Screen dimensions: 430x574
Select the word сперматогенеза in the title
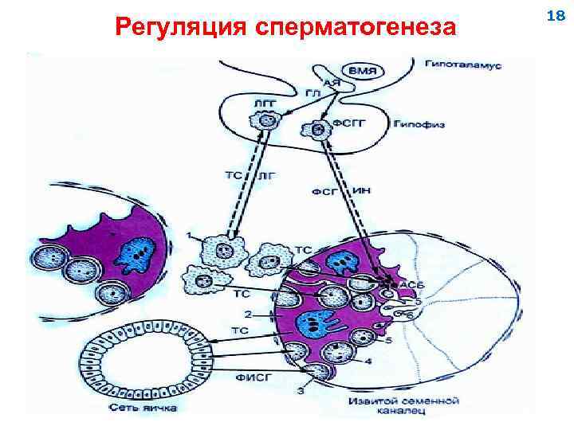pos(355,27)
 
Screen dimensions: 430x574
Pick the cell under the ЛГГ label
pos(262,122)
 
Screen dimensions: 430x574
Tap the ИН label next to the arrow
pos(360,191)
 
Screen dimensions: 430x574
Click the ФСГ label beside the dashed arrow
pos(325,192)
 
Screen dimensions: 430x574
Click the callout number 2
pos(248,314)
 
